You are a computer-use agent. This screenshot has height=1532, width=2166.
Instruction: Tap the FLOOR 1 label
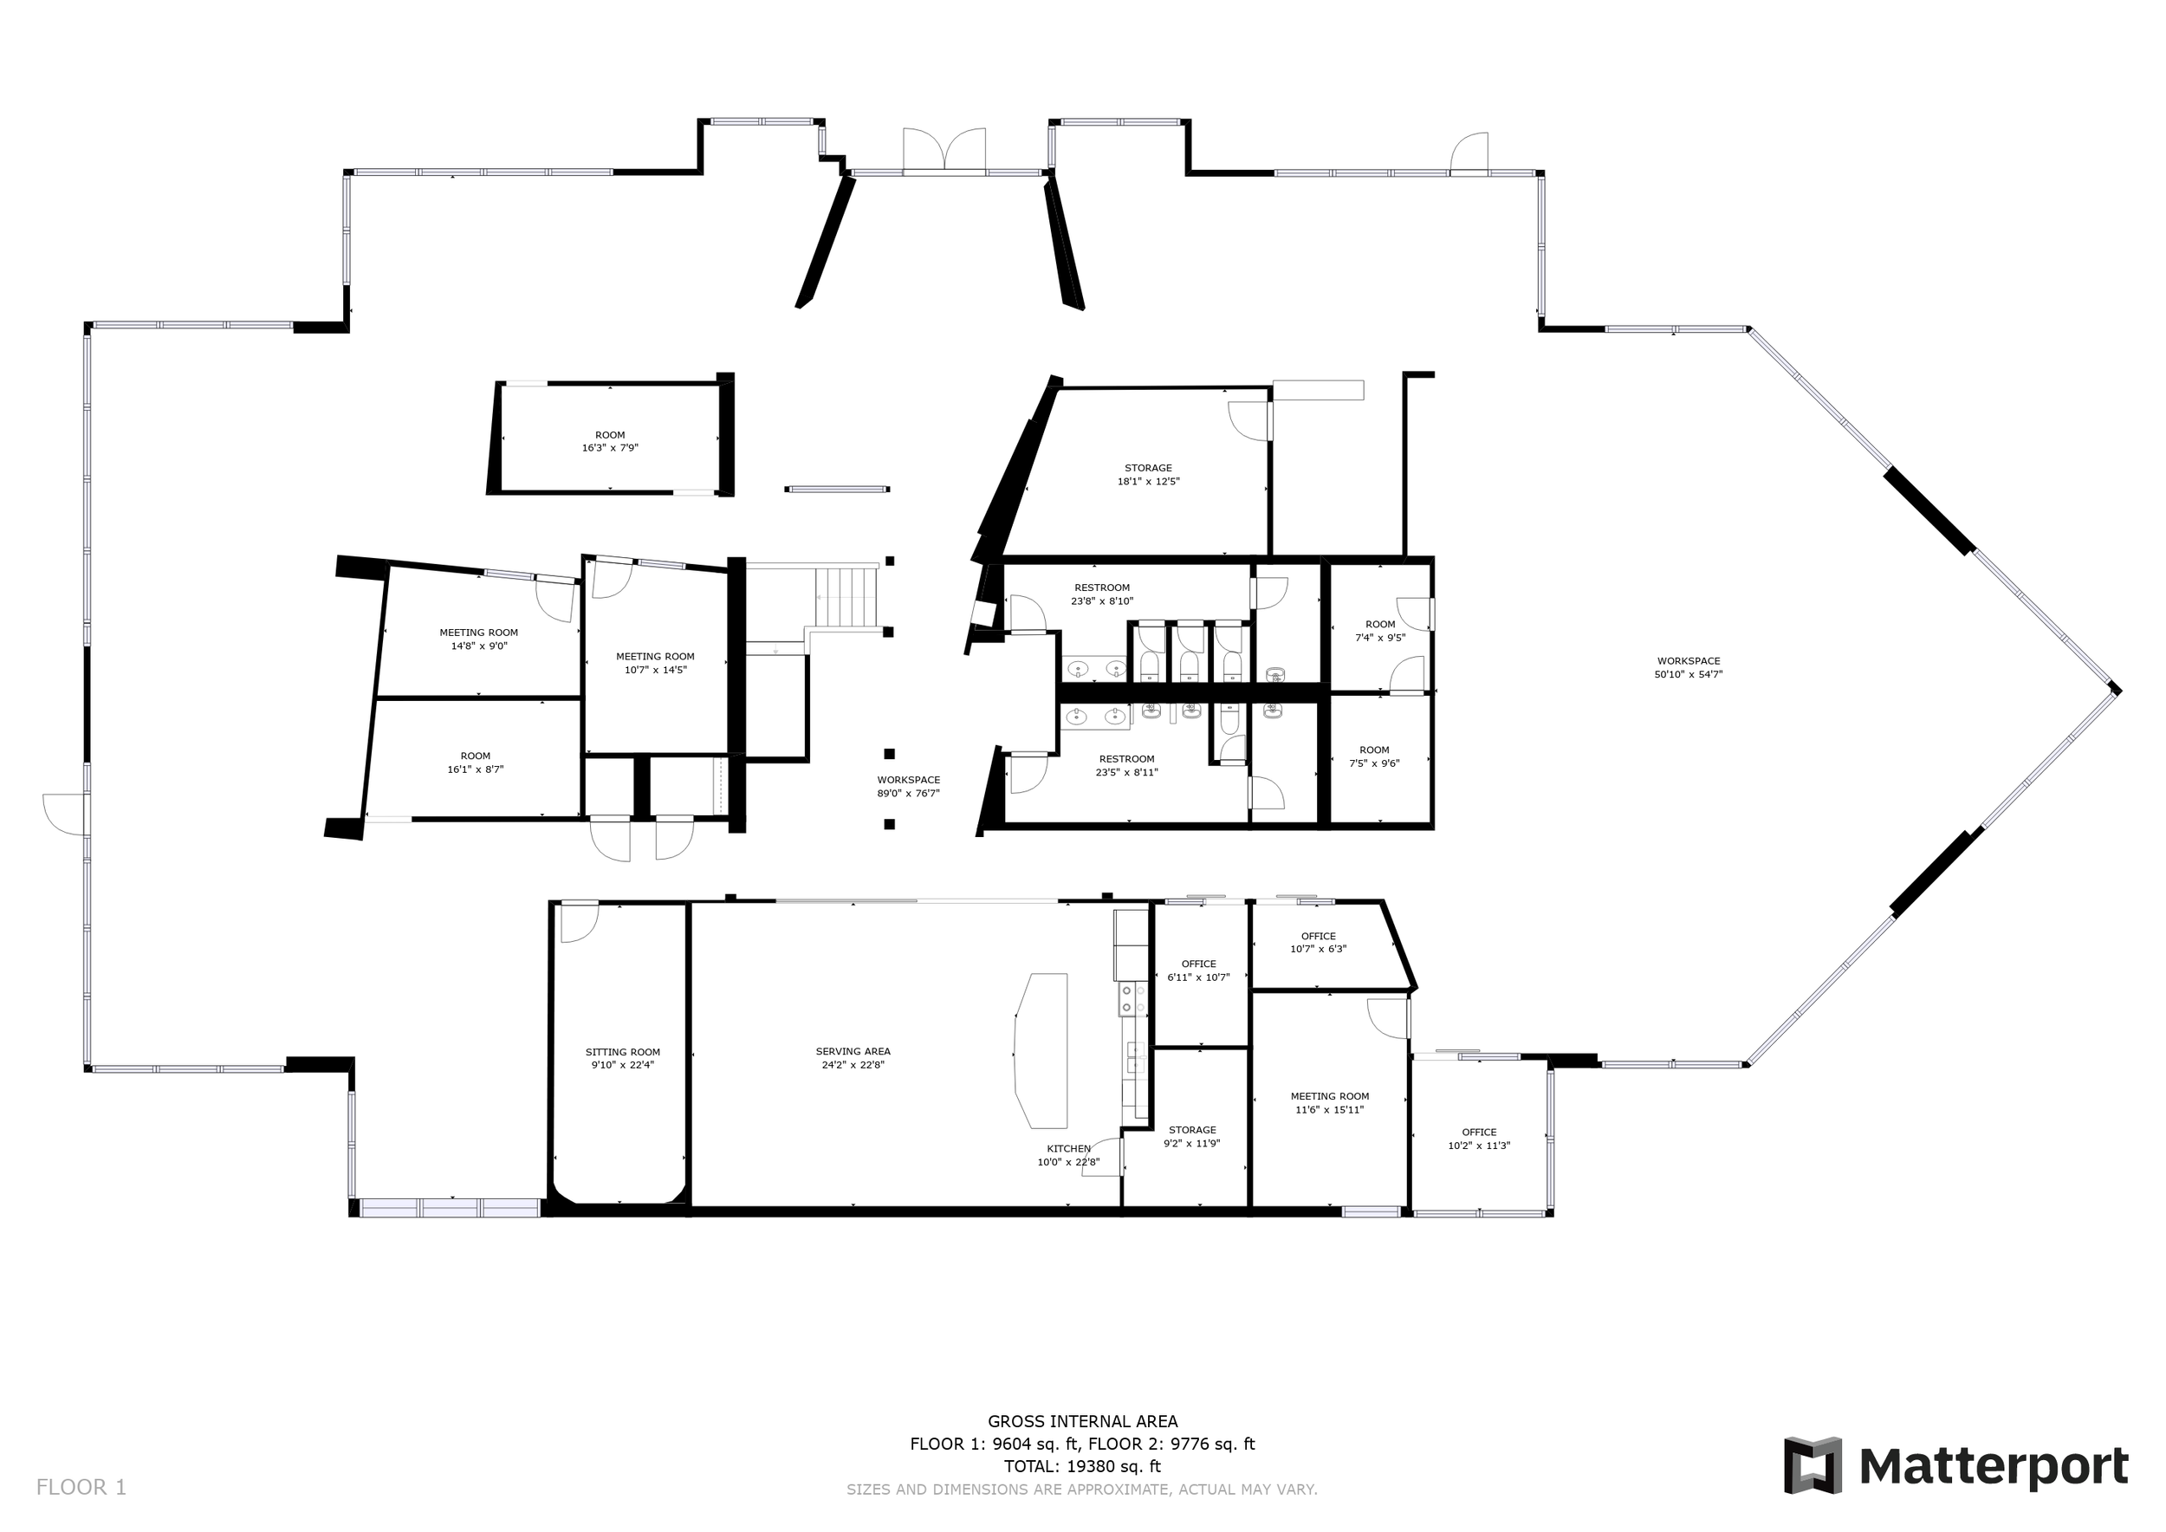tap(81, 1488)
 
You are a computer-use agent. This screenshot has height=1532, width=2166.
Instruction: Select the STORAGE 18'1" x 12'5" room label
tap(1148, 475)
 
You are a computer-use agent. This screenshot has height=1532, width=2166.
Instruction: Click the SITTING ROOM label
tap(623, 1058)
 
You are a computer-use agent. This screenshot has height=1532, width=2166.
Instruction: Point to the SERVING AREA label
tap(853, 1057)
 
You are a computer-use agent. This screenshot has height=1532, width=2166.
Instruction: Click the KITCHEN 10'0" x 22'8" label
tap(1069, 1156)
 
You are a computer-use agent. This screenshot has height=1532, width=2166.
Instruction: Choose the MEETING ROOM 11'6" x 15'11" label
tap(1330, 1103)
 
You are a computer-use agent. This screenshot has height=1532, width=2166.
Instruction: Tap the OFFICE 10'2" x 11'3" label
tap(1479, 1139)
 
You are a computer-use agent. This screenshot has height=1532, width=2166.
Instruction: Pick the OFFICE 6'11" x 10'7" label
tap(1199, 970)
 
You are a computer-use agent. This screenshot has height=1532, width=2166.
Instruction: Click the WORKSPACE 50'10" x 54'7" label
tap(1689, 668)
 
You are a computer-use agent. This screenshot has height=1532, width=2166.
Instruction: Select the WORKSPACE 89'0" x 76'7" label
tap(909, 787)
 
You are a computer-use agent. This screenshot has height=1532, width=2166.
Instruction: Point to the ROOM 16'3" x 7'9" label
tap(610, 441)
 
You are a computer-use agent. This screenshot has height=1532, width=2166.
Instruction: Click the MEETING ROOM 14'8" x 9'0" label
tap(479, 639)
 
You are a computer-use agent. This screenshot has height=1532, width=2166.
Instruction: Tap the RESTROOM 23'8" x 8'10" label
tap(1102, 594)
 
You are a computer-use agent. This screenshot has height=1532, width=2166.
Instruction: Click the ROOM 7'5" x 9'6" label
tap(1374, 756)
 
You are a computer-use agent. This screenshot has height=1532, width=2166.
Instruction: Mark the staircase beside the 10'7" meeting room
tap(847, 597)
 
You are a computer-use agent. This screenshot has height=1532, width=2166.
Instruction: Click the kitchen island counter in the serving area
tap(1041, 1050)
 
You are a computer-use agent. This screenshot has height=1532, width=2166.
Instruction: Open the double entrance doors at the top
tap(944, 151)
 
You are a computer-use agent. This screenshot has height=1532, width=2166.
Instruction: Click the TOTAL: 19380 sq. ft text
tap(1082, 1466)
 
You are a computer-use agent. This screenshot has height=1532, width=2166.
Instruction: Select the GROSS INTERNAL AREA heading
tap(1082, 1421)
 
